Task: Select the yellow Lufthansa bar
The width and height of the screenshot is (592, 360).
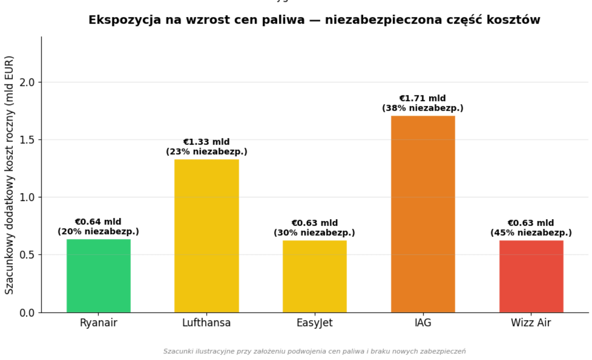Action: tap(207, 236)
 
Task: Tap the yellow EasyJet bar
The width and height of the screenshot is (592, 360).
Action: tap(315, 276)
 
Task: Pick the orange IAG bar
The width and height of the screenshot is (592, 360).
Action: tap(423, 214)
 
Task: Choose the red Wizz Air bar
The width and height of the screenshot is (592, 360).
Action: tap(531, 276)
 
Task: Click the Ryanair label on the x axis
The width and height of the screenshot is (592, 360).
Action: tap(98, 323)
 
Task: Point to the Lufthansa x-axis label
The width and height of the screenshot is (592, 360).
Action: tap(207, 323)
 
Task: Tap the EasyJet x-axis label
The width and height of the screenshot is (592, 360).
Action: tap(315, 323)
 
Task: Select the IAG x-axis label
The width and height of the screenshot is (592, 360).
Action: tap(423, 323)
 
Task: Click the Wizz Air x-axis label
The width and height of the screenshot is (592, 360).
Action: tap(531, 323)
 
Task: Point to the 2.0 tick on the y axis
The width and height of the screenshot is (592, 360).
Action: tap(27, 82)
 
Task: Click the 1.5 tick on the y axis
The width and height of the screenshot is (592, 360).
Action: tap(27, 140)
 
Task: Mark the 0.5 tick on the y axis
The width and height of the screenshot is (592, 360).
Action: tap(27, 255)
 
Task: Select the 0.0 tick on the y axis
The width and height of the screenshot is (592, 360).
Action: tap(27, 313)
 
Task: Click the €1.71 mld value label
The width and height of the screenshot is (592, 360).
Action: tap(423, 98)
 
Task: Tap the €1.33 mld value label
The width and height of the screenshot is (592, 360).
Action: tap(206, 142)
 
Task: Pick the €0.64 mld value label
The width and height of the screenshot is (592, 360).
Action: tap(98, 222)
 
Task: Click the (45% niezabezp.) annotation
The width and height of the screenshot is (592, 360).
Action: tap(531, 233)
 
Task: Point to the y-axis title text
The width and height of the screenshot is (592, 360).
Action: tap(9, 175)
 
